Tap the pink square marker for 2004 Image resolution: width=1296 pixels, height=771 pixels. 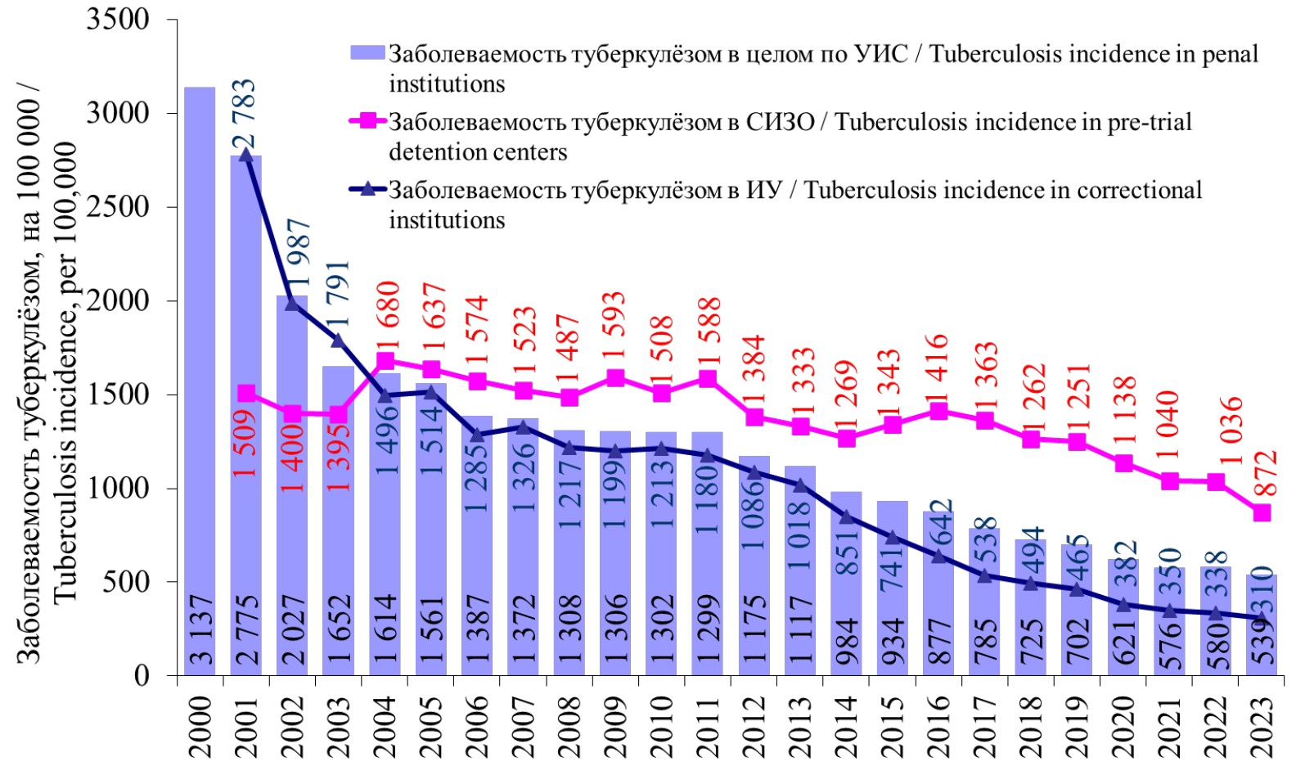click(385, 361)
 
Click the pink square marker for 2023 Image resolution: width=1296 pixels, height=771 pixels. click(1262, 512)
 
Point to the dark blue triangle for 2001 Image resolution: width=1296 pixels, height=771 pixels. click(245, 155)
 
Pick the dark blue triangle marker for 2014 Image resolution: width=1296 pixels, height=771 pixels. click(847, 516)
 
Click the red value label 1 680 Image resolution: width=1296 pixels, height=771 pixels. click(387, 315)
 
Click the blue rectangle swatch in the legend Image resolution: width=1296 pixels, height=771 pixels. click(367, 53)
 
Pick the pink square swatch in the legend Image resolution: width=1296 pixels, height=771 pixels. click(367, 121)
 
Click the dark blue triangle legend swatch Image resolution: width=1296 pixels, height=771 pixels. click(367, 189)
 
